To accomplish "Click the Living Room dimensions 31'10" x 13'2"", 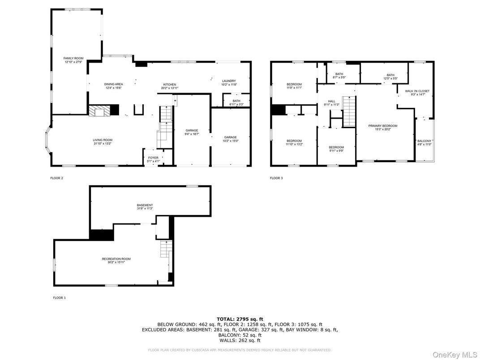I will [x=103, y=144].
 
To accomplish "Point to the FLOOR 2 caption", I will [x=57, y=178].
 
